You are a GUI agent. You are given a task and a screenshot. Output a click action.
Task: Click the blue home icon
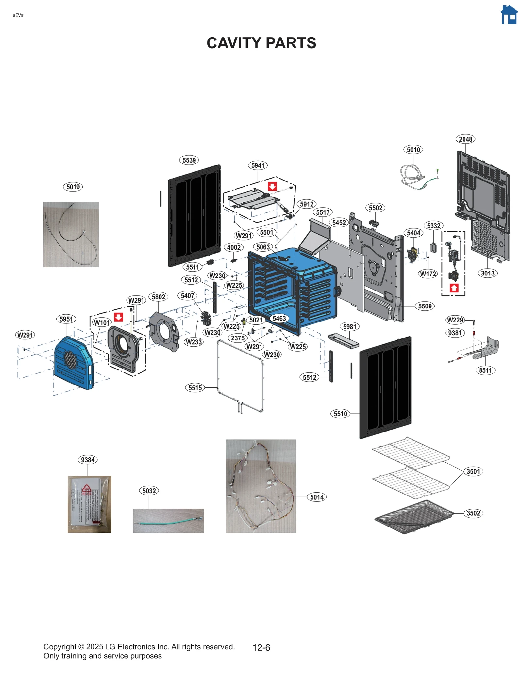click(x=509, y=15)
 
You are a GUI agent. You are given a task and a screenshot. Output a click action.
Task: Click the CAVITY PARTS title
click(x=261, y=43)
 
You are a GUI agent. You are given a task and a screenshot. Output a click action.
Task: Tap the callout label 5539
click(x=189, y=160)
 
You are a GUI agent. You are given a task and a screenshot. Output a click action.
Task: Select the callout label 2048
click(x=465, y=139)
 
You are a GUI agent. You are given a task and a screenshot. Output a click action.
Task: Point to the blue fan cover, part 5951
click(x=74, y=363)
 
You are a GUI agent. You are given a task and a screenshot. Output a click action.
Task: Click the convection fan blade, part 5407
click(x=206, y=318)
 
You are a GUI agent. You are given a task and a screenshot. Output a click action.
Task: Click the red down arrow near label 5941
click(x=272, y=186)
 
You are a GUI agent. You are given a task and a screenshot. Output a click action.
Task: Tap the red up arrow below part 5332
click(x=454, y=288)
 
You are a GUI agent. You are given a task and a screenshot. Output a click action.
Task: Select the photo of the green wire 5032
click(x=168, y=520)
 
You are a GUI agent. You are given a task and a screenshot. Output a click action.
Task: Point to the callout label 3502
click(x=473, y=513)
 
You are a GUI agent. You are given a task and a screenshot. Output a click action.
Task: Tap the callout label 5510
click(x=340, y=414)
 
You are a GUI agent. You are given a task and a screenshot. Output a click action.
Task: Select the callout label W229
click(x=455, y=320)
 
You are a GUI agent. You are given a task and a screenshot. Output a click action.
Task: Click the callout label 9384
click(x=88, y=460)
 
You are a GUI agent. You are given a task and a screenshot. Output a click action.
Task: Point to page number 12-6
click(x=261, y=647)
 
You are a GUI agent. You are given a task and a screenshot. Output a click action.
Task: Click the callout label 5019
click(x=73, y=187)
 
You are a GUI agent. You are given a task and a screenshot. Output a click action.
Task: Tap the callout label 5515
click(x=195, y=388)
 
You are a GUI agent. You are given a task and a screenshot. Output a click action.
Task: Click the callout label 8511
click(x=485, y=370)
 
